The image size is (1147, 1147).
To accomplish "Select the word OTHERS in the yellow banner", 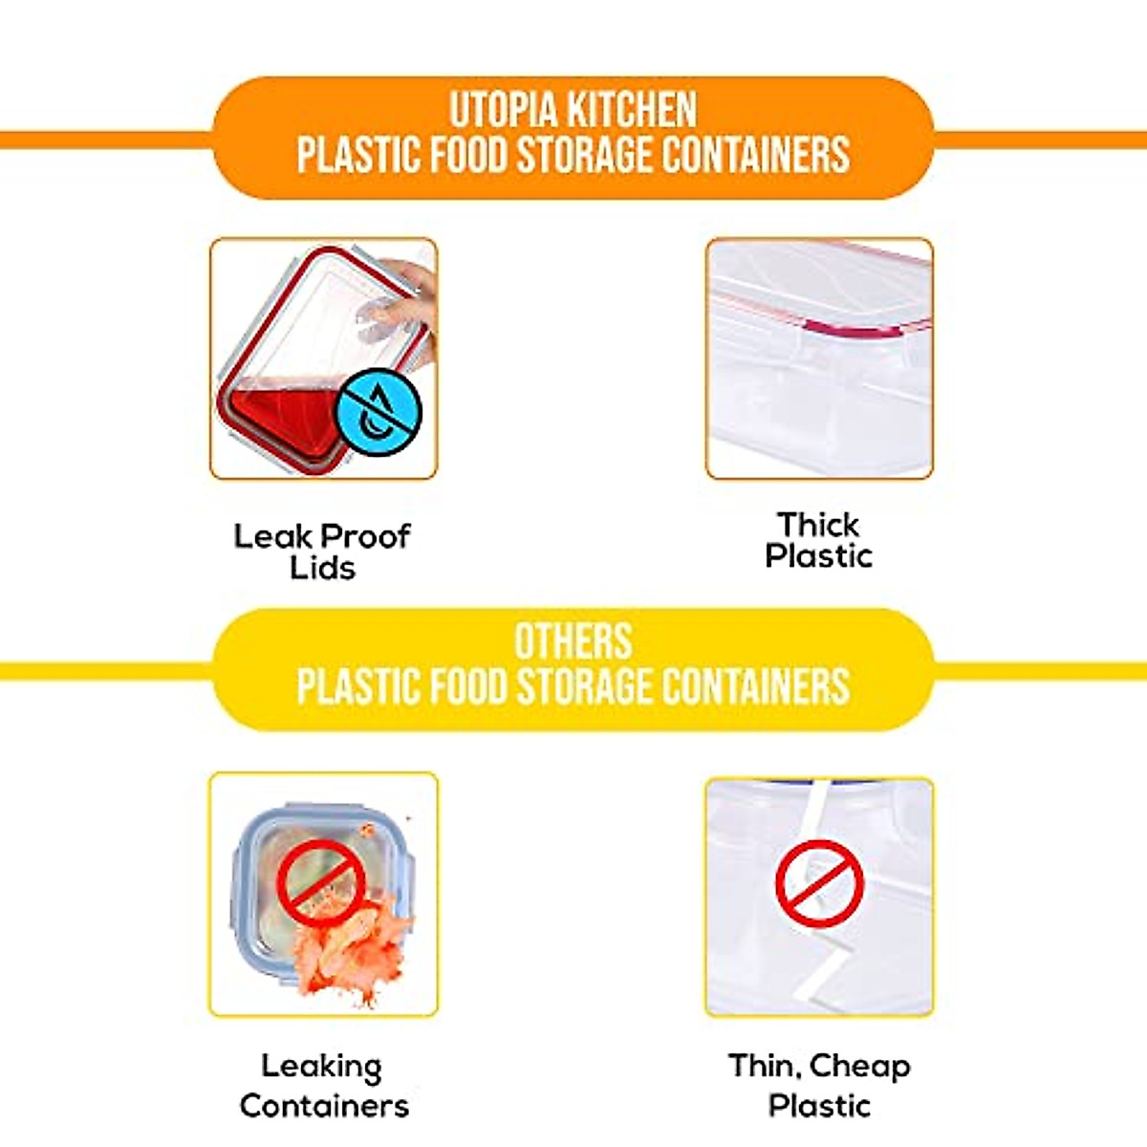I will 573,641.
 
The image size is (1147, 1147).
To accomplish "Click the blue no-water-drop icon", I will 379,412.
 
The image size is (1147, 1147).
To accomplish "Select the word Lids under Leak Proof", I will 323,568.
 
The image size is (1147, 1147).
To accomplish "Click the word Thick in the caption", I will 818,525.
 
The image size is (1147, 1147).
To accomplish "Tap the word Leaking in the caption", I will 322,1067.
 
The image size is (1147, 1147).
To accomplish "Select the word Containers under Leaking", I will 324,1106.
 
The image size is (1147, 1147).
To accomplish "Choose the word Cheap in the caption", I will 859,1066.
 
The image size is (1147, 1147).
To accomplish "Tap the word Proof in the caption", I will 365,536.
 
